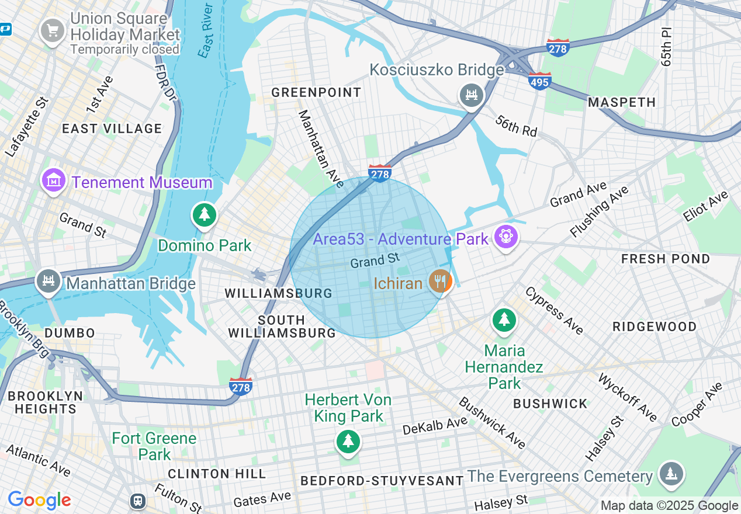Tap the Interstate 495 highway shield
539,81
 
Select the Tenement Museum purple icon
54,180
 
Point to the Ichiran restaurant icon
440,282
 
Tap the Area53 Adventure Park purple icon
505,237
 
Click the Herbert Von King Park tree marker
348,440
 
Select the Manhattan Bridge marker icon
48,282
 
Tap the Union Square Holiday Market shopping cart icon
53,29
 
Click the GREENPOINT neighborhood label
316,92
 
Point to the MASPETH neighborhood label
622,102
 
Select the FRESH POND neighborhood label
665,258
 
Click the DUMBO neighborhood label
69,333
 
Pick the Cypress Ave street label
553,311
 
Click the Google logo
39,500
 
